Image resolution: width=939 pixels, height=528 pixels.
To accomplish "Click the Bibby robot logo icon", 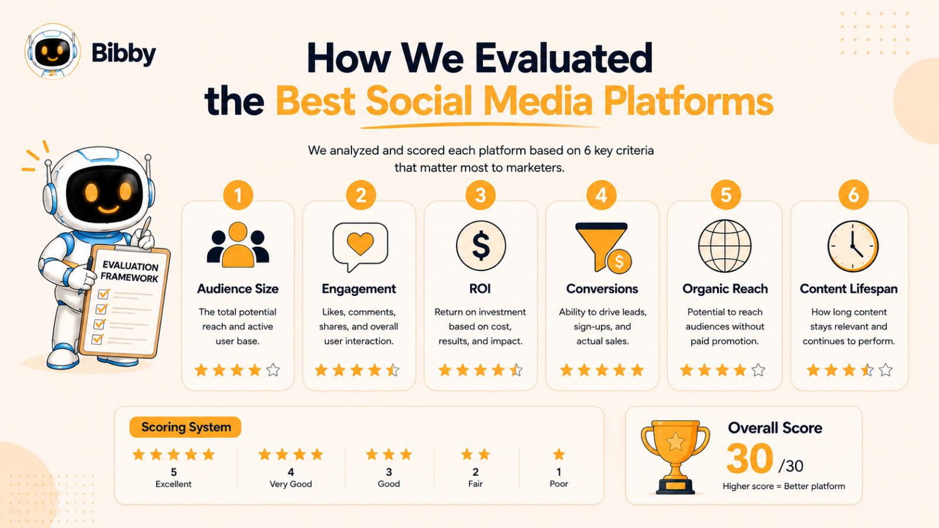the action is [x=52, y=51].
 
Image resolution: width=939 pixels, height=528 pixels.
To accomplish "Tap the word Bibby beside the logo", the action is [x=123, y=54].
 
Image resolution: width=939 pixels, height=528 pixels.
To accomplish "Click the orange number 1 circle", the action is [x=238, y=195].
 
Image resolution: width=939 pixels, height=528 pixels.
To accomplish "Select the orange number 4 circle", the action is [x=601, y=195].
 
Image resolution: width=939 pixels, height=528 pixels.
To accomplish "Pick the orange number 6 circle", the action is [x=853, y=195].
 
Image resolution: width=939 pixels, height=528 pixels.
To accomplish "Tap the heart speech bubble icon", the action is [x=360, y=247].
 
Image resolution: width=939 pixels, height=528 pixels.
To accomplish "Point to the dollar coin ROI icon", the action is [x=481, y=246].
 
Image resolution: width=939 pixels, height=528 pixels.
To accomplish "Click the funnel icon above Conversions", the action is [x=603, y=247].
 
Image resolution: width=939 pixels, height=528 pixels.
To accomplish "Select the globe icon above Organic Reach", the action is [x=725, y=246].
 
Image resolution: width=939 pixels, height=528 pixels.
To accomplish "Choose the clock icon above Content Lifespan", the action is [x=853, y=246].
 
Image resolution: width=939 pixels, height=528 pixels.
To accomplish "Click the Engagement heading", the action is [x=359, y=289].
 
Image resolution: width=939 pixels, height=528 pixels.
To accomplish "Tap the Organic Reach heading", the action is [x=725, y=289].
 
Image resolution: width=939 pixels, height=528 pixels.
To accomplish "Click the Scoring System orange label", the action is [x=185, y=427].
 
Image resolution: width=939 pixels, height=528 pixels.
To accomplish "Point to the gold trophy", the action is [x=675, y=457].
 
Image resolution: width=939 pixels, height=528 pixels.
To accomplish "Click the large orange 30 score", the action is [x=749, y=459].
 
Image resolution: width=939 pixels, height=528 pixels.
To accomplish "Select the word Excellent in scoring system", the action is [x=173, y=484].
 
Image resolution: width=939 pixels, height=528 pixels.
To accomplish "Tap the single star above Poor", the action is [x=559, y=454].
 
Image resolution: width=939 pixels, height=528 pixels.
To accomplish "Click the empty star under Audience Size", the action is [x=273, y=370].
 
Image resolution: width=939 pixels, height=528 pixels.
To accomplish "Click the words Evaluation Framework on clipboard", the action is [x=130, y=272].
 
